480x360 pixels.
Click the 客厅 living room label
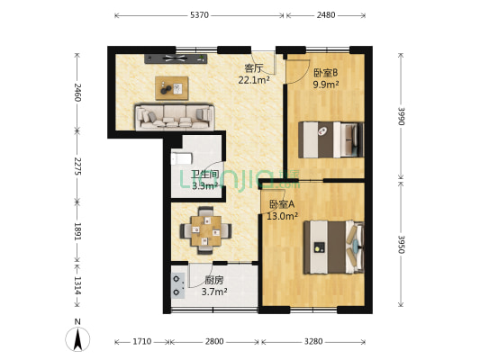pos(253,67)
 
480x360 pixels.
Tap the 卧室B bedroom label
pos(325,73)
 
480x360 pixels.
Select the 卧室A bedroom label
pos(281,204)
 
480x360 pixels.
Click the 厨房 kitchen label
pos(213,280)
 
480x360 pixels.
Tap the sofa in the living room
pos(175,116)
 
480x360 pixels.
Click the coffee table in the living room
pos(171,87)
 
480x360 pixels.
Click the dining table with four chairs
pos(204,230)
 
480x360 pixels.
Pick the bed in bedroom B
pos(330,139)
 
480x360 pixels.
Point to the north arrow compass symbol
pos(80,338)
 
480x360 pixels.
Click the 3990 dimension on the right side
pos(399,116)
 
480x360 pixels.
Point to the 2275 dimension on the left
pos(78,167)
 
